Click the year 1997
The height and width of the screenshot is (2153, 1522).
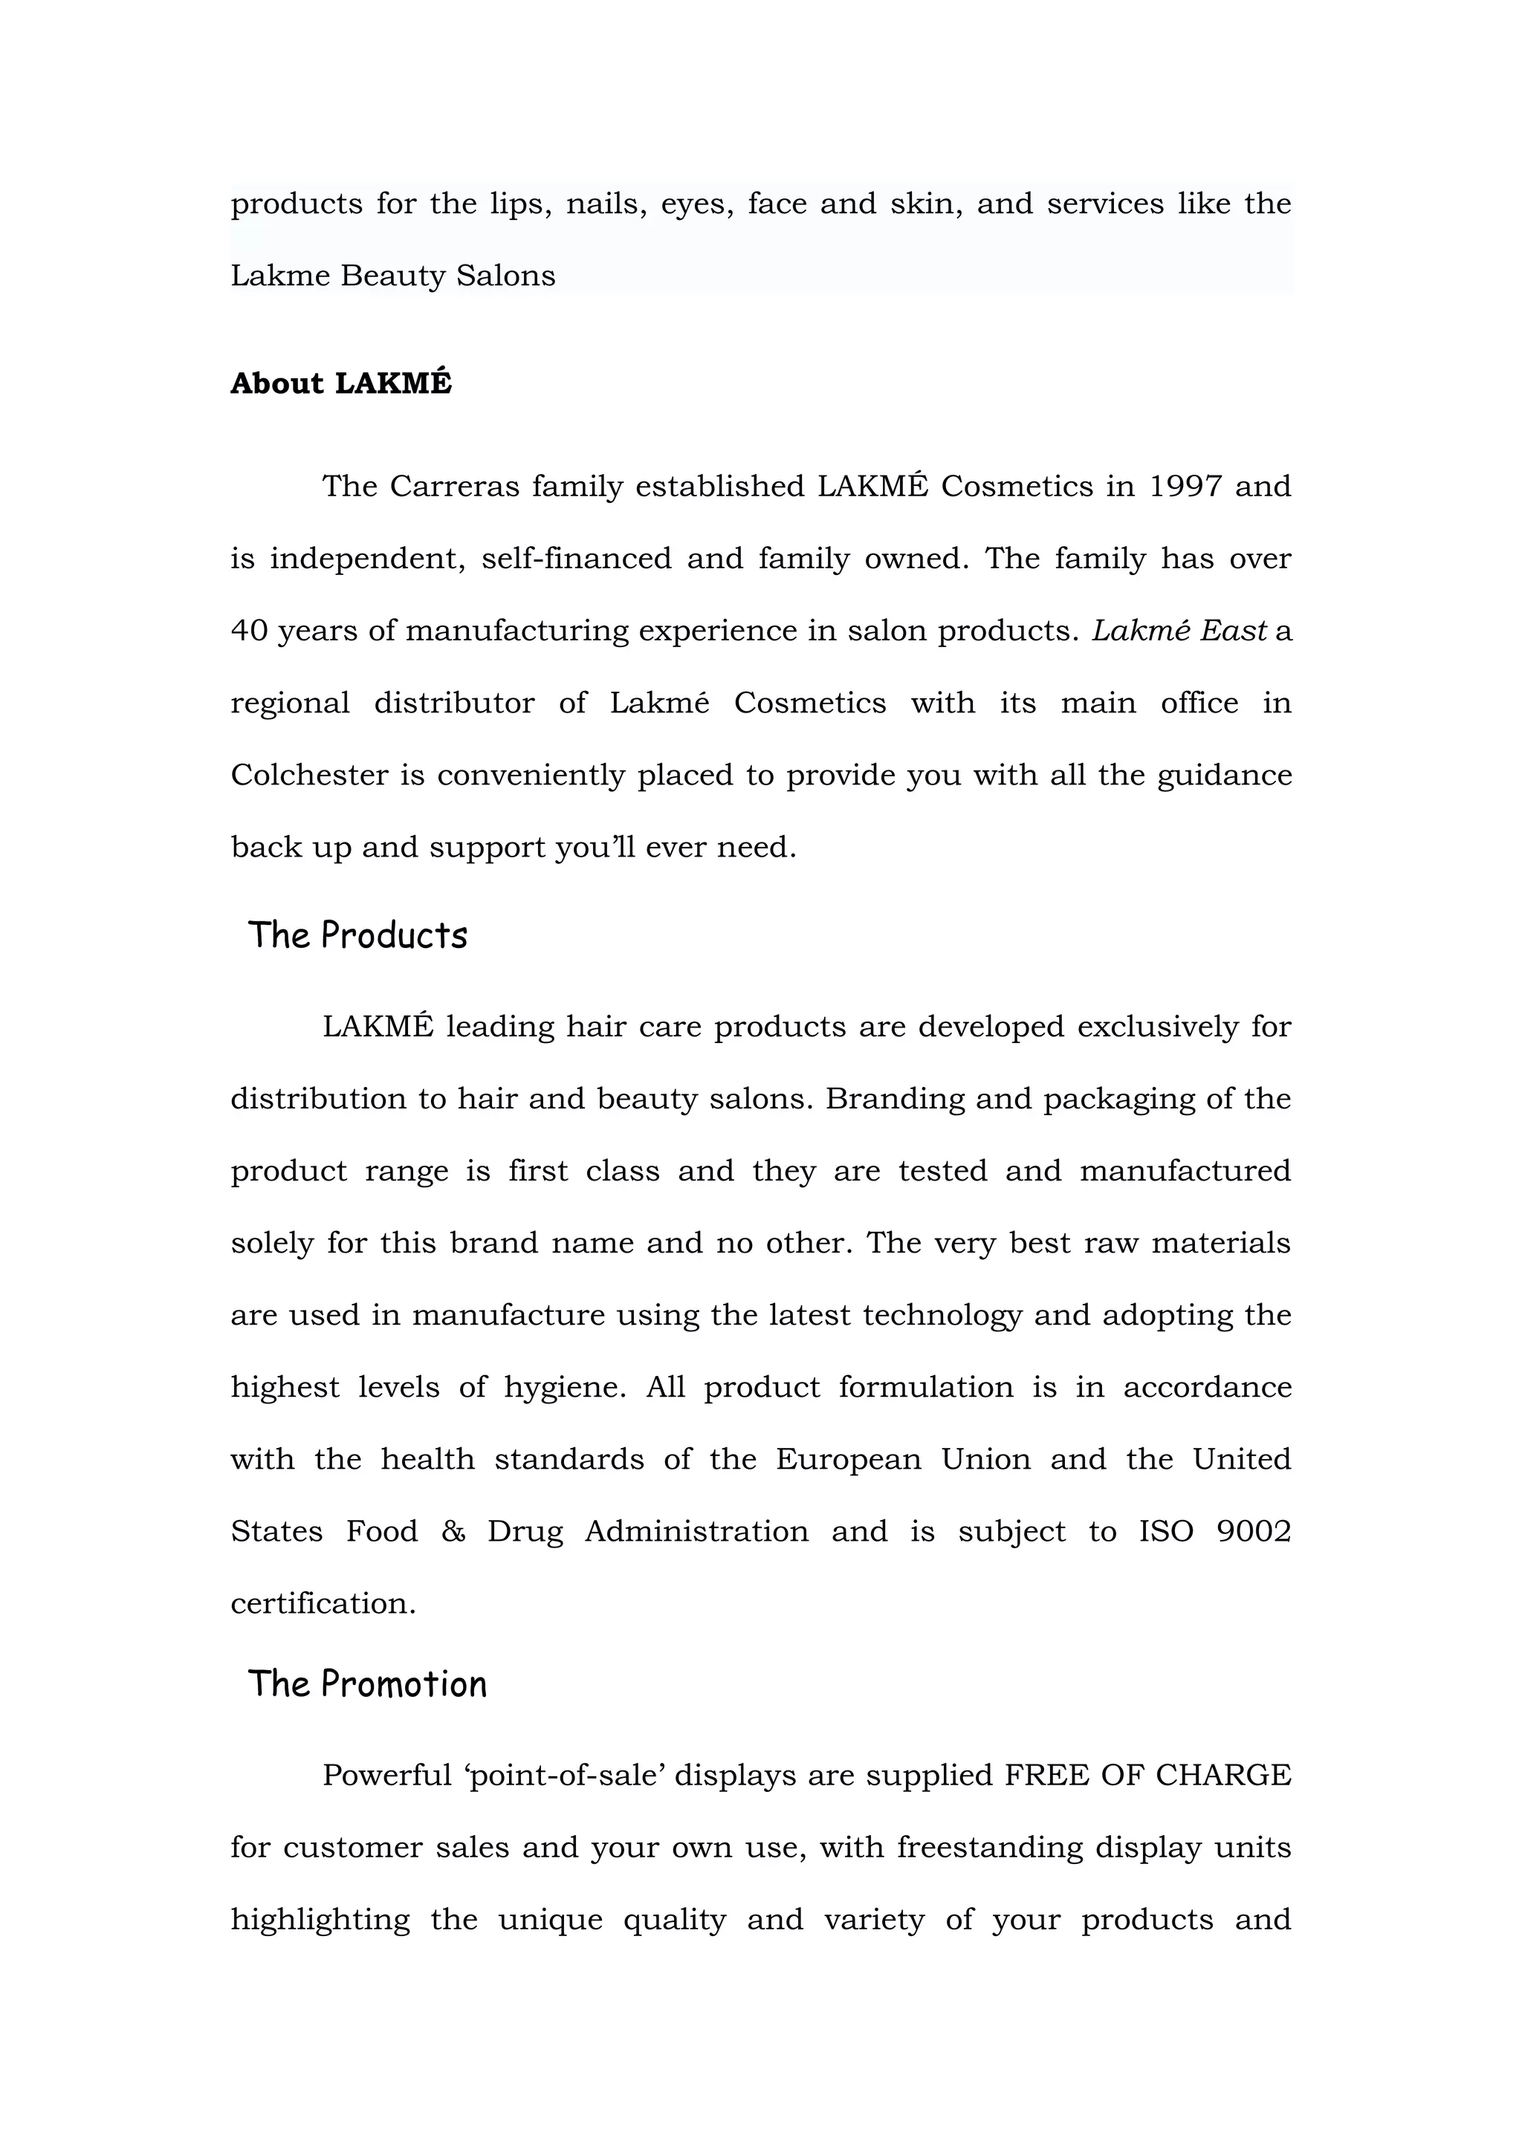coord(1185,487)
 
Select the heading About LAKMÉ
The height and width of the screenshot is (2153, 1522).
coord(341,383)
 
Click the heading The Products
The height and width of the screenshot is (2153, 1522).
coord(357,936)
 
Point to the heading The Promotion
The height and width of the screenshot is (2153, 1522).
coord(366,1684)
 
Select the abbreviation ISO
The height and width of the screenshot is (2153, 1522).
coord(1165,1531)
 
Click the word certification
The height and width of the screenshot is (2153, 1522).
coord(323,1603)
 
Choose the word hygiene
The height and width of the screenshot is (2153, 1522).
coord(565,1388)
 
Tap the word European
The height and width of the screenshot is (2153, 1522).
coord(848,1460)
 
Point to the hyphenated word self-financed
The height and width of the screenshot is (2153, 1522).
coord(576,559)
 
